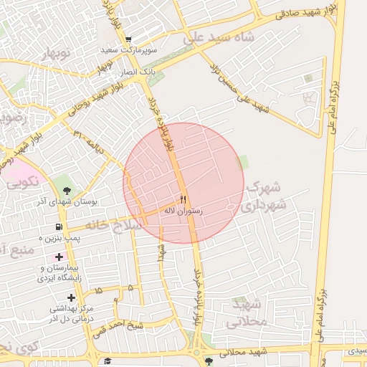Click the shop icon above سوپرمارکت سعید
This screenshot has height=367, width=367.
pos(128,39)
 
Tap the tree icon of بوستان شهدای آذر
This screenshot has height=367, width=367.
pos(67,190)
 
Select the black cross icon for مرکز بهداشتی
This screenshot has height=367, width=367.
pos(71,297)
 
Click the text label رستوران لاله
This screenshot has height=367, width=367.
pos(183,211)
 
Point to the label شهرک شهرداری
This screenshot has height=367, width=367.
pos(264,195)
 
